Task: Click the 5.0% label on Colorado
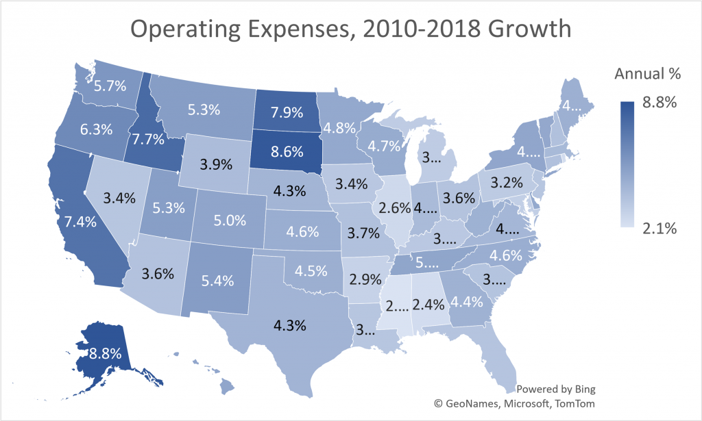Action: point(227,220)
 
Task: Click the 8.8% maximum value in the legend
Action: point(659,103)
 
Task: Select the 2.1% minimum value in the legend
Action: point(659,229)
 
